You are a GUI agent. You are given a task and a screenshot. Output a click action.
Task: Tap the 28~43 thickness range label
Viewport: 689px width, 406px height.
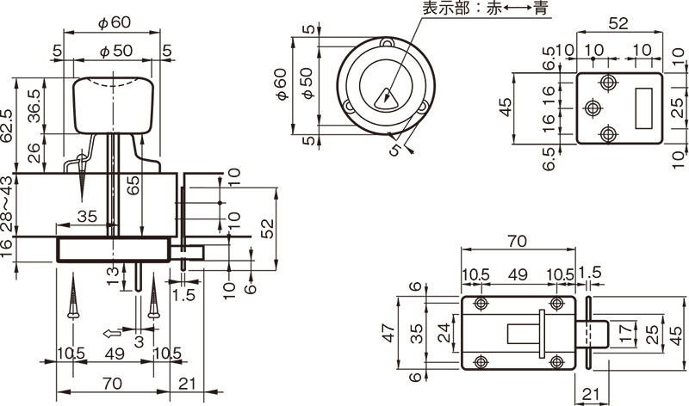click(8, 205)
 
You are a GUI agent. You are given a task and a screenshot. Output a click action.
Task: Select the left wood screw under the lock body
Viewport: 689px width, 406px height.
click(75, 298)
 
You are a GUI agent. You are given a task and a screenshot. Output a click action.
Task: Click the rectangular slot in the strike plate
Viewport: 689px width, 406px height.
click(642, 108)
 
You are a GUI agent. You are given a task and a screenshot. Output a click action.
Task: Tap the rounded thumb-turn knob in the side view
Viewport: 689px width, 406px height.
click(113, 105)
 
